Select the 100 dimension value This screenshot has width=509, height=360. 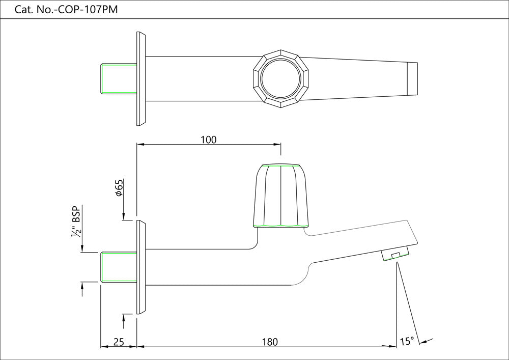(209, 140)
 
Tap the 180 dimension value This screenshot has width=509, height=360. (270, 342)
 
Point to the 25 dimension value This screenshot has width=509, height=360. (118, 342)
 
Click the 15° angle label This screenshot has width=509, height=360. (407, 341)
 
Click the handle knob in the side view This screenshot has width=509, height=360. (281, 196)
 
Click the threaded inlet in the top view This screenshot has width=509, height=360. (119, 79)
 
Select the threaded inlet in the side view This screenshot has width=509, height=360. (119, 266)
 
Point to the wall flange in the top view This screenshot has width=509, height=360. (141, 79)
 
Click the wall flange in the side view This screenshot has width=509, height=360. (141, 266)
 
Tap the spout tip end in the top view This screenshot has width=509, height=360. (412, 79)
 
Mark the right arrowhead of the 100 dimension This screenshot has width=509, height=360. (277, 145)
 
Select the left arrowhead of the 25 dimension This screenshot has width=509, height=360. (104, 347)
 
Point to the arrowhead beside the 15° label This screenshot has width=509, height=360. (423, 341)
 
